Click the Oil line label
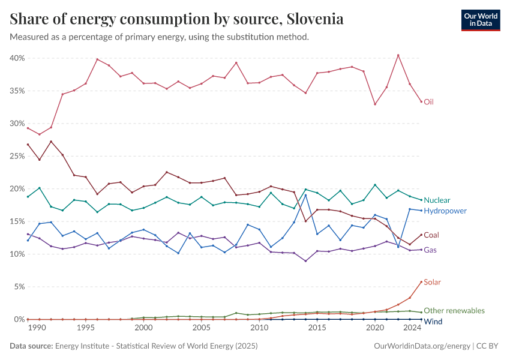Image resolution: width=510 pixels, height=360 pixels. (x=428, y=102)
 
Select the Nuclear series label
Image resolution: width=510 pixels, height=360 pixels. (x=437, y=200)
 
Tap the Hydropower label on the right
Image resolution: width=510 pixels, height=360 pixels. (x=445, y=211)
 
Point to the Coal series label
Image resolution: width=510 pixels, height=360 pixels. (x=431, y=235)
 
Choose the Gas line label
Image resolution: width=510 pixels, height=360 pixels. (x=430, y=250)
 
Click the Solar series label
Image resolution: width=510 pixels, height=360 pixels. (x=433, y=282)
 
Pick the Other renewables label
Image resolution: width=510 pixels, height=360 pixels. (x=454, y=311)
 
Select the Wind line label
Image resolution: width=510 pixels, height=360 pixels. (x=433, y=322)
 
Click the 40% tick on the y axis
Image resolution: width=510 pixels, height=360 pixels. (x=17, y=58)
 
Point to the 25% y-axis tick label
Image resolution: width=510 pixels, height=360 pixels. (x=17, y=156)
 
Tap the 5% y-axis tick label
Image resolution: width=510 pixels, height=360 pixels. (x=19, y=287)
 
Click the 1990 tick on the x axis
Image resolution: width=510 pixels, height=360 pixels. (x=37, y=329)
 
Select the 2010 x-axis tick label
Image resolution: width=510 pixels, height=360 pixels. (x=259, y=329)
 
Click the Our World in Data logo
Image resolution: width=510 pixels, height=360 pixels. (x=480, y=20)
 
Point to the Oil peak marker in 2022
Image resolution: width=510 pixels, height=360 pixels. (x=398, y=55)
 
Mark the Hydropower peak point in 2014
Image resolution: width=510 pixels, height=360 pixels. (x=305, y=195)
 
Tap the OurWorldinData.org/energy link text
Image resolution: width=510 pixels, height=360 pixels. (x=422, y=346)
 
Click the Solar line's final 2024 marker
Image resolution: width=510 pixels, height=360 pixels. (x=421, y=282)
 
